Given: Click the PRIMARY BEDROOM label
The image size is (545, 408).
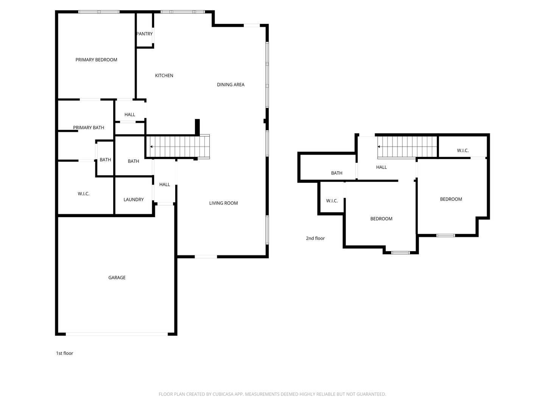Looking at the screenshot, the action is (96, 60).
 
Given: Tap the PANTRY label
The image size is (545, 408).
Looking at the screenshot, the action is (145, 34).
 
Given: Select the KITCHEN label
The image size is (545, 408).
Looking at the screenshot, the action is (164, 76).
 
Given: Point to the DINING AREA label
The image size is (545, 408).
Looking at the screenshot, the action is (230, 85).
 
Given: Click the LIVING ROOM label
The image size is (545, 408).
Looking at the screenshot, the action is (223, 203).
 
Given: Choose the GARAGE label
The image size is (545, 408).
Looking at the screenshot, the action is (117, 278).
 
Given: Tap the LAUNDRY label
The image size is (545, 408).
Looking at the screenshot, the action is (133, 200).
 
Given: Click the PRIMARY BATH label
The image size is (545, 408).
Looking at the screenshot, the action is (89, 128).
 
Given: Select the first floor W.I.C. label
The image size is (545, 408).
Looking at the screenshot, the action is (83, 194).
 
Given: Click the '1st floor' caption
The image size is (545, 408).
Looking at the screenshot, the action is (64, 353).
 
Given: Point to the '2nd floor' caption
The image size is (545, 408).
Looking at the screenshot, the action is (315, 238).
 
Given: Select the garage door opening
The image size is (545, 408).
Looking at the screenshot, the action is (117, 334).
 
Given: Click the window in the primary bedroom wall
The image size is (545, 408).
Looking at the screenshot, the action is (99, 12).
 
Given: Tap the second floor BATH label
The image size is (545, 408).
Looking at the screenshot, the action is (336, 173).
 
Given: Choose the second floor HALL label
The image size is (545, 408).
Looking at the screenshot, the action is (381, 167).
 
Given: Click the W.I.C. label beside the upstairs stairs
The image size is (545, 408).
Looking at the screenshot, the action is (462, 150).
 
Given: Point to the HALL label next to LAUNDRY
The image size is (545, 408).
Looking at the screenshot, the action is (164, 185).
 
